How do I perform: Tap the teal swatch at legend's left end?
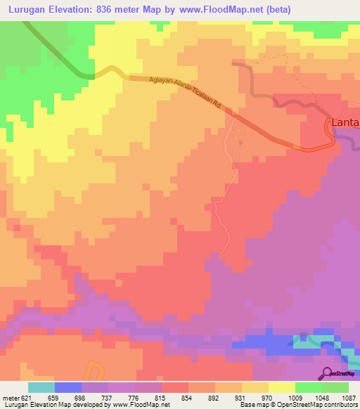[41, 387]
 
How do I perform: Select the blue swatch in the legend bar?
[67, 387]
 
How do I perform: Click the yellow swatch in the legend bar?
[281, 387]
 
